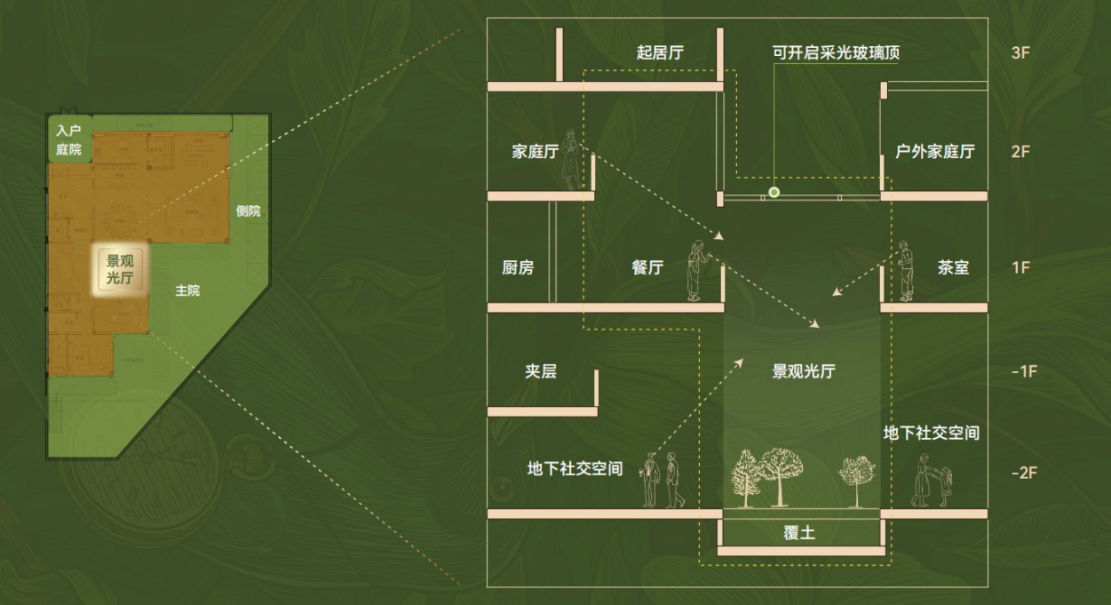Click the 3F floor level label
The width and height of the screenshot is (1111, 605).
coord(1020,52)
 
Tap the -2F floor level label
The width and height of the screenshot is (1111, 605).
coord(1023,473)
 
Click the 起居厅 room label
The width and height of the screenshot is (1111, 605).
coord(661,53)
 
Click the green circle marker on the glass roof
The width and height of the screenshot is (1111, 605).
coord(774,192)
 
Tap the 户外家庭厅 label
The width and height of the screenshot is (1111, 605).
coord(934,151)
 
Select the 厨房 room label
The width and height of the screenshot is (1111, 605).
coord(518,267)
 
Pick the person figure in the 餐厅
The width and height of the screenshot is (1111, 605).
coord(697,270)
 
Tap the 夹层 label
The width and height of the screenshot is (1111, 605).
coord(541,371)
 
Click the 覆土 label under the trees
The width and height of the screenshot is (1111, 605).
coord(799,533)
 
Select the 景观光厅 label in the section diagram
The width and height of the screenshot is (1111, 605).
coord(803,371)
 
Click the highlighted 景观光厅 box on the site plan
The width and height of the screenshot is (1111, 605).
coord(119,269)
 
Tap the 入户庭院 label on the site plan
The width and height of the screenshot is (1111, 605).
coord(68,140)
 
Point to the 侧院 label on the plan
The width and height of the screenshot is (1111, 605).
coord(249,211)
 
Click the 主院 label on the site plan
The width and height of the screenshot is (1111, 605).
coord(187,291)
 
